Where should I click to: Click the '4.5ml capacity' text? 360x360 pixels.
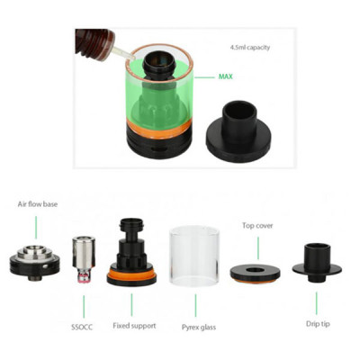pos(250,47)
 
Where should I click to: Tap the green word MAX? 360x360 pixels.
pos(226,76)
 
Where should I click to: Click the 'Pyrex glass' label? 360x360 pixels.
pos(197,327)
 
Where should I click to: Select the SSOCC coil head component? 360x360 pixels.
pos(83,256)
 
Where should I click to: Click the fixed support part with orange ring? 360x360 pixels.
pos(132,261)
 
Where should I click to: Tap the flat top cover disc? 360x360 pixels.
pos(255,270)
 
